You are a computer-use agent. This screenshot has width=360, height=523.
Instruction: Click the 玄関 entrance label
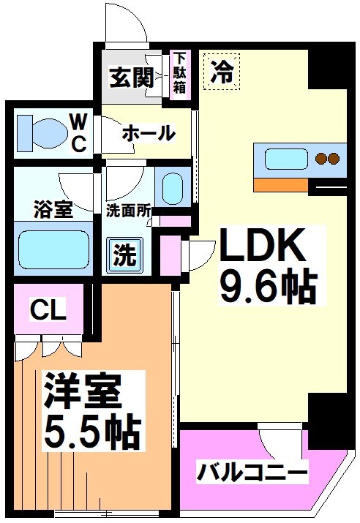(x=132, y=75)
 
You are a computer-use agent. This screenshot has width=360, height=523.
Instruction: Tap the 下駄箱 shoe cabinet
(x=179, y=73)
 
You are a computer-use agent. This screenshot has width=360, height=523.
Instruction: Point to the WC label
(x=79, y=132)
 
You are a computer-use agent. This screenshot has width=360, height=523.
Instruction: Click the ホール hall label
(x=149, y=133)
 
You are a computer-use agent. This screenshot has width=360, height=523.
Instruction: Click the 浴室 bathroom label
(x=52, y=208)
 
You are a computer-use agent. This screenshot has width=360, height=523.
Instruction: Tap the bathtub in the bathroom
(x=52, y=249)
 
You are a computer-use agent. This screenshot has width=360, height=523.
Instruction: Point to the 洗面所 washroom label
(x=129, y=208)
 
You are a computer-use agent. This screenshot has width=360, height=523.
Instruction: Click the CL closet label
(x=48, y=310)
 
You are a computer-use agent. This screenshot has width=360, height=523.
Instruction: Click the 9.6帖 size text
(x=267, y=287)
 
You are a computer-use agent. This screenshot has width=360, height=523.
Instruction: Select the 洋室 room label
(x=81, y=393)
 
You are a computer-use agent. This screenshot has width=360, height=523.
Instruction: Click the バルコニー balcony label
(x=252, y=472)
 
